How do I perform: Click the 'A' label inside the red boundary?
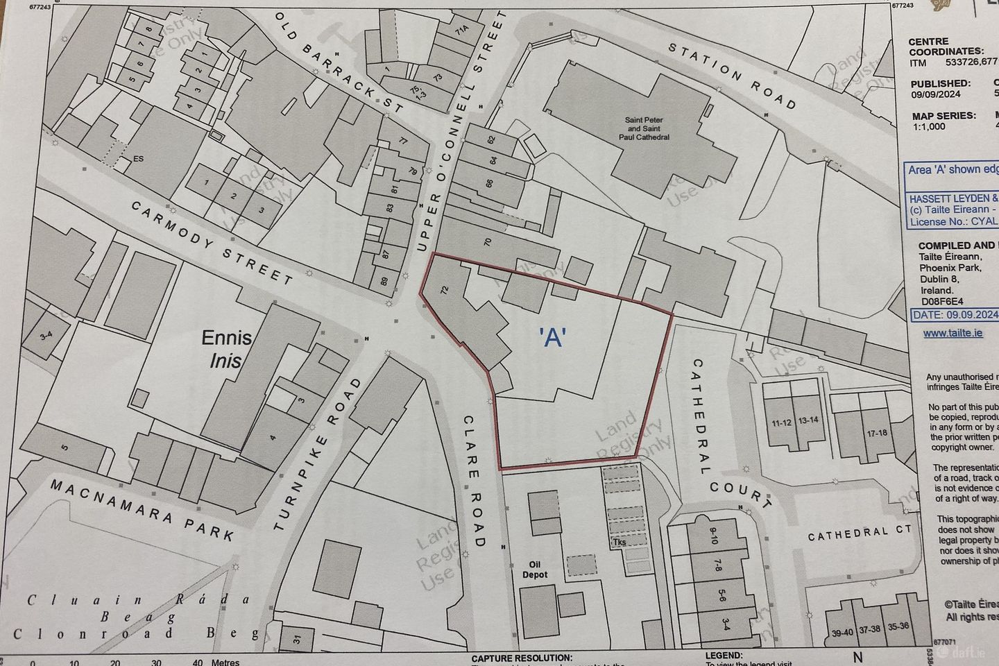tap(553, 337)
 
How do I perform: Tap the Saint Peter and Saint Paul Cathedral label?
tap(647, 128)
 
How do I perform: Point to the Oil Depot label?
tap(535, 570)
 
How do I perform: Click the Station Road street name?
tap(731, 76)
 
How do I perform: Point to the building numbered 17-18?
tap(857, 433)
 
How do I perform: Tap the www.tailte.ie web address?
tap(953, 333)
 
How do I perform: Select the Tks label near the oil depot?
tap(619, 542)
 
